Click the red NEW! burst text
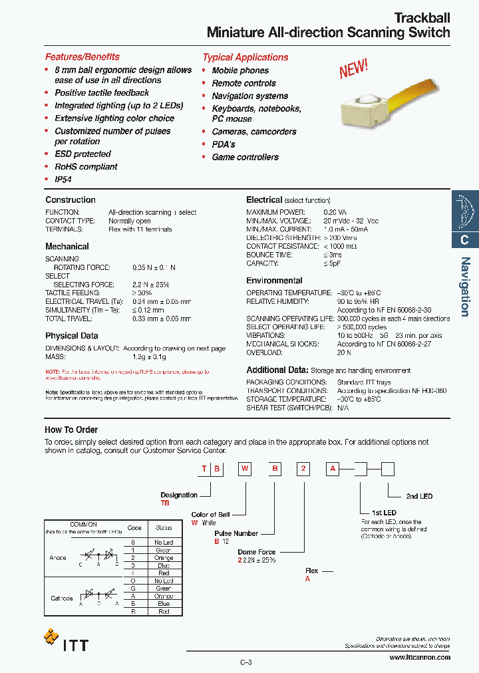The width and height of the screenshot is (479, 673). click(x=353, y=68)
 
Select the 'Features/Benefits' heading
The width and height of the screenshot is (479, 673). click(x=82, y=57)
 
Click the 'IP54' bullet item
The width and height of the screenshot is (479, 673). click(x=63, y=180)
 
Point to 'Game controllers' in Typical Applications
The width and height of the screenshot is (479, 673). click(x=245, y=158)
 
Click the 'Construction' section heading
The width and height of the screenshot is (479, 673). click(x=71, y=200)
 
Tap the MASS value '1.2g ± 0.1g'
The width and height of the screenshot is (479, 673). click(x=149, y=357)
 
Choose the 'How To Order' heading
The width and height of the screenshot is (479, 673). click(x=71, y=430)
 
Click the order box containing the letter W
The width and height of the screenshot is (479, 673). click(x=245, y=470)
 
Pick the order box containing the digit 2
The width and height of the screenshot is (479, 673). click(x=303, y=470)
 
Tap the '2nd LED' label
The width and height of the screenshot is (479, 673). click(x=419, y=497)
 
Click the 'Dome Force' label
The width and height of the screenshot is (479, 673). click(x=256, y=552)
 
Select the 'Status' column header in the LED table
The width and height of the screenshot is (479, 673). click(x=164, y=528)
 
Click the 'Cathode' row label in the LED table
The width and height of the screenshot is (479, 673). click(x=62, y=599)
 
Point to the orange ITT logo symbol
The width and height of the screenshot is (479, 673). click(x=51, y=636)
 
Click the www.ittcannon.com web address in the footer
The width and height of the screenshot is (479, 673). click(x=419, y=658)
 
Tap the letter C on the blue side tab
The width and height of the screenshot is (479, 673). click(x=465, y=240)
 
